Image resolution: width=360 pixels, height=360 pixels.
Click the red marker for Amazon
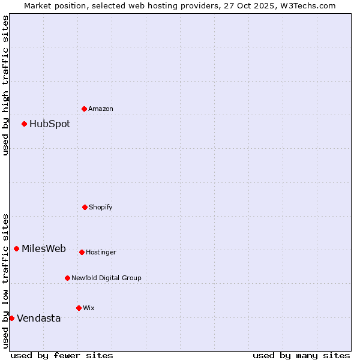[84, 109]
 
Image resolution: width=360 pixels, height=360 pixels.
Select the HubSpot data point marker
[24, 124]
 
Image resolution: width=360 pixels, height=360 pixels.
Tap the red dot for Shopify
[85, 207]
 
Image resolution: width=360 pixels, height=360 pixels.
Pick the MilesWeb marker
[16, 248]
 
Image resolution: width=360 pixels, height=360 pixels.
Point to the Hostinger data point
[82, 252]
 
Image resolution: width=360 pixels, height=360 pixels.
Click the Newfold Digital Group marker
[67, 278]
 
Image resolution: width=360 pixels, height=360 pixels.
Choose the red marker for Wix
[79, 308]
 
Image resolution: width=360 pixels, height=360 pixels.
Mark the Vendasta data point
[11, 318]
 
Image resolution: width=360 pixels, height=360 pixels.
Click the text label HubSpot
[50, 124]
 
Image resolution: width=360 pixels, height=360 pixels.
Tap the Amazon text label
[101, 109]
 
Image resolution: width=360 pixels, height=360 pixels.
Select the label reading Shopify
[101, 208]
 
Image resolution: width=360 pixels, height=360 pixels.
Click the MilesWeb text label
[44, 249]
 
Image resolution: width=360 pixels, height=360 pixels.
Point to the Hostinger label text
[101, 253]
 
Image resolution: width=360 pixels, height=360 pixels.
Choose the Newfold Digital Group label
[106, 278]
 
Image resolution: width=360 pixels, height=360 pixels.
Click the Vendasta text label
[39, 319]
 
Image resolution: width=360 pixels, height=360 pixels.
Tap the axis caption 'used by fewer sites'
[62, 355]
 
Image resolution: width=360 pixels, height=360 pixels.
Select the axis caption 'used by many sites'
[301, 355]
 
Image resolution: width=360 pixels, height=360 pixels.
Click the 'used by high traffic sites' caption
[5, 85]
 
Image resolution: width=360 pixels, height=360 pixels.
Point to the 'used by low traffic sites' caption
[5, 281]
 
